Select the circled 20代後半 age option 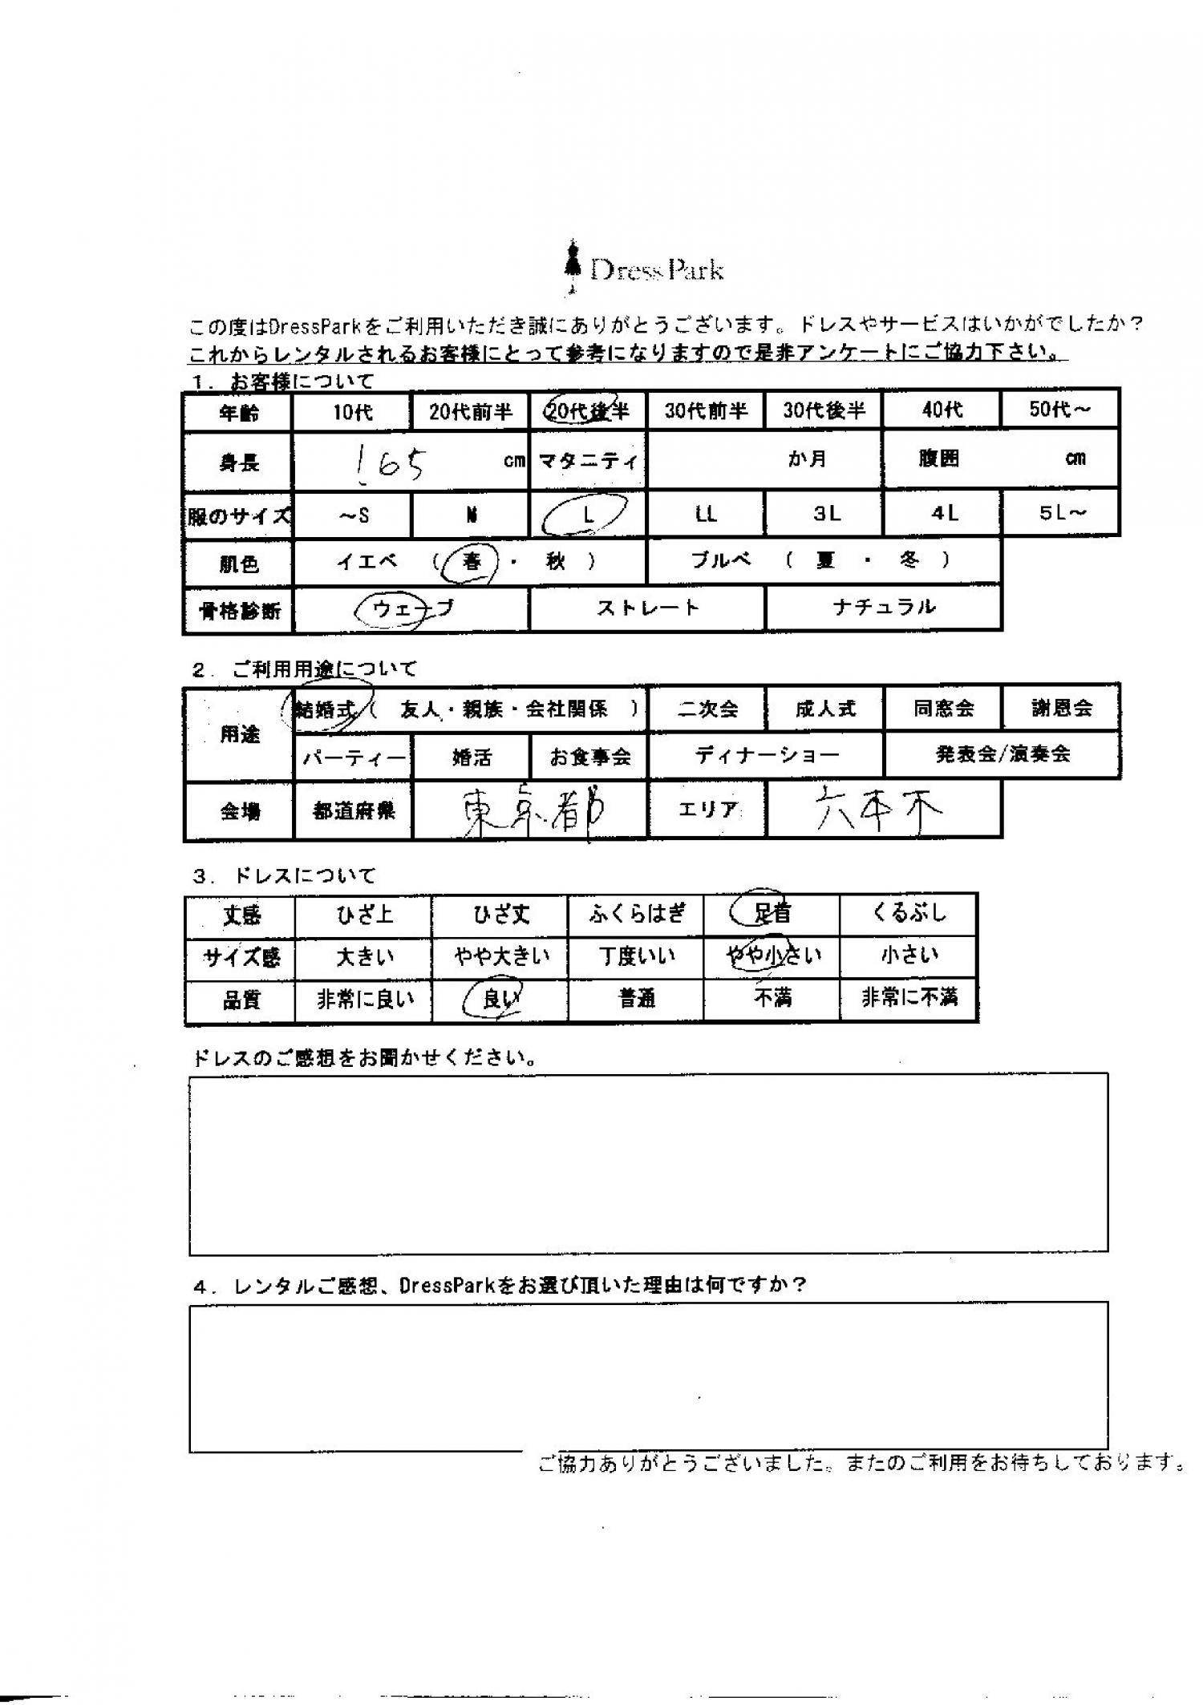point(587,411)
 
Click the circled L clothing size point(587,515)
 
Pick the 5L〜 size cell point(1061,513)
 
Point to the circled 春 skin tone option point(472,562)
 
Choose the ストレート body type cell point(647,608)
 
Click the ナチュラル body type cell point(884,607)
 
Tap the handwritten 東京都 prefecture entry point(529,811)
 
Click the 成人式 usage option point(825,709)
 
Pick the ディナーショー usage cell point(766,755)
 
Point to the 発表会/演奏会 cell point(1003,754)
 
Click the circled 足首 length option point(771,913)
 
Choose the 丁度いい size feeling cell point(636,956)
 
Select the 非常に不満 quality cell point(909,998)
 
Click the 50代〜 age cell point(1060,410)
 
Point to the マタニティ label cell point(588,461)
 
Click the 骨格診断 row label point(239,611)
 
